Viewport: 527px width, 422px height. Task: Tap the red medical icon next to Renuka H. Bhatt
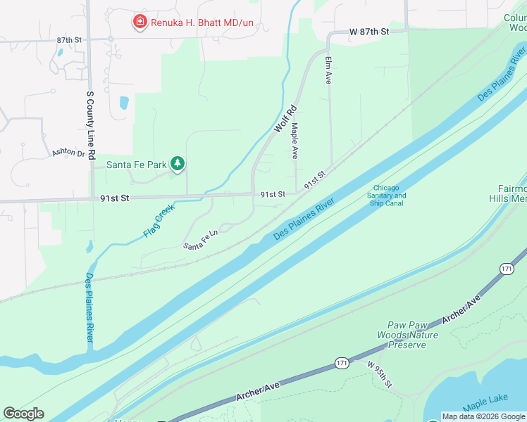pyautogui.click(x=140, y=23)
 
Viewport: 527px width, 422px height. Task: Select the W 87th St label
pyautogui.click(x=369, y=32)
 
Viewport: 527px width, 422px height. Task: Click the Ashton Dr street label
pyautogui.click(x=68, y=153)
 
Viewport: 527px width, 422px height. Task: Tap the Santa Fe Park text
pyautogui.click(x=136, y=165)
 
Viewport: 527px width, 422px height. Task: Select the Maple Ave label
pyautogui.click(x=294, y=141)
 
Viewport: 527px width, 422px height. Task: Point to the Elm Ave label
pyautogui.click(x=328, y=71)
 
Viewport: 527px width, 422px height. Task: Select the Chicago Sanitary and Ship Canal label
pyautogui.click(x=389, y=196)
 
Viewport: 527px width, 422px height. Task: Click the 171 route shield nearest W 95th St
pyautogui.click(x=342, y=363)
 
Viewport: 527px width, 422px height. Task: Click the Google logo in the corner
pyautogui.click(x=23, y=414)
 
